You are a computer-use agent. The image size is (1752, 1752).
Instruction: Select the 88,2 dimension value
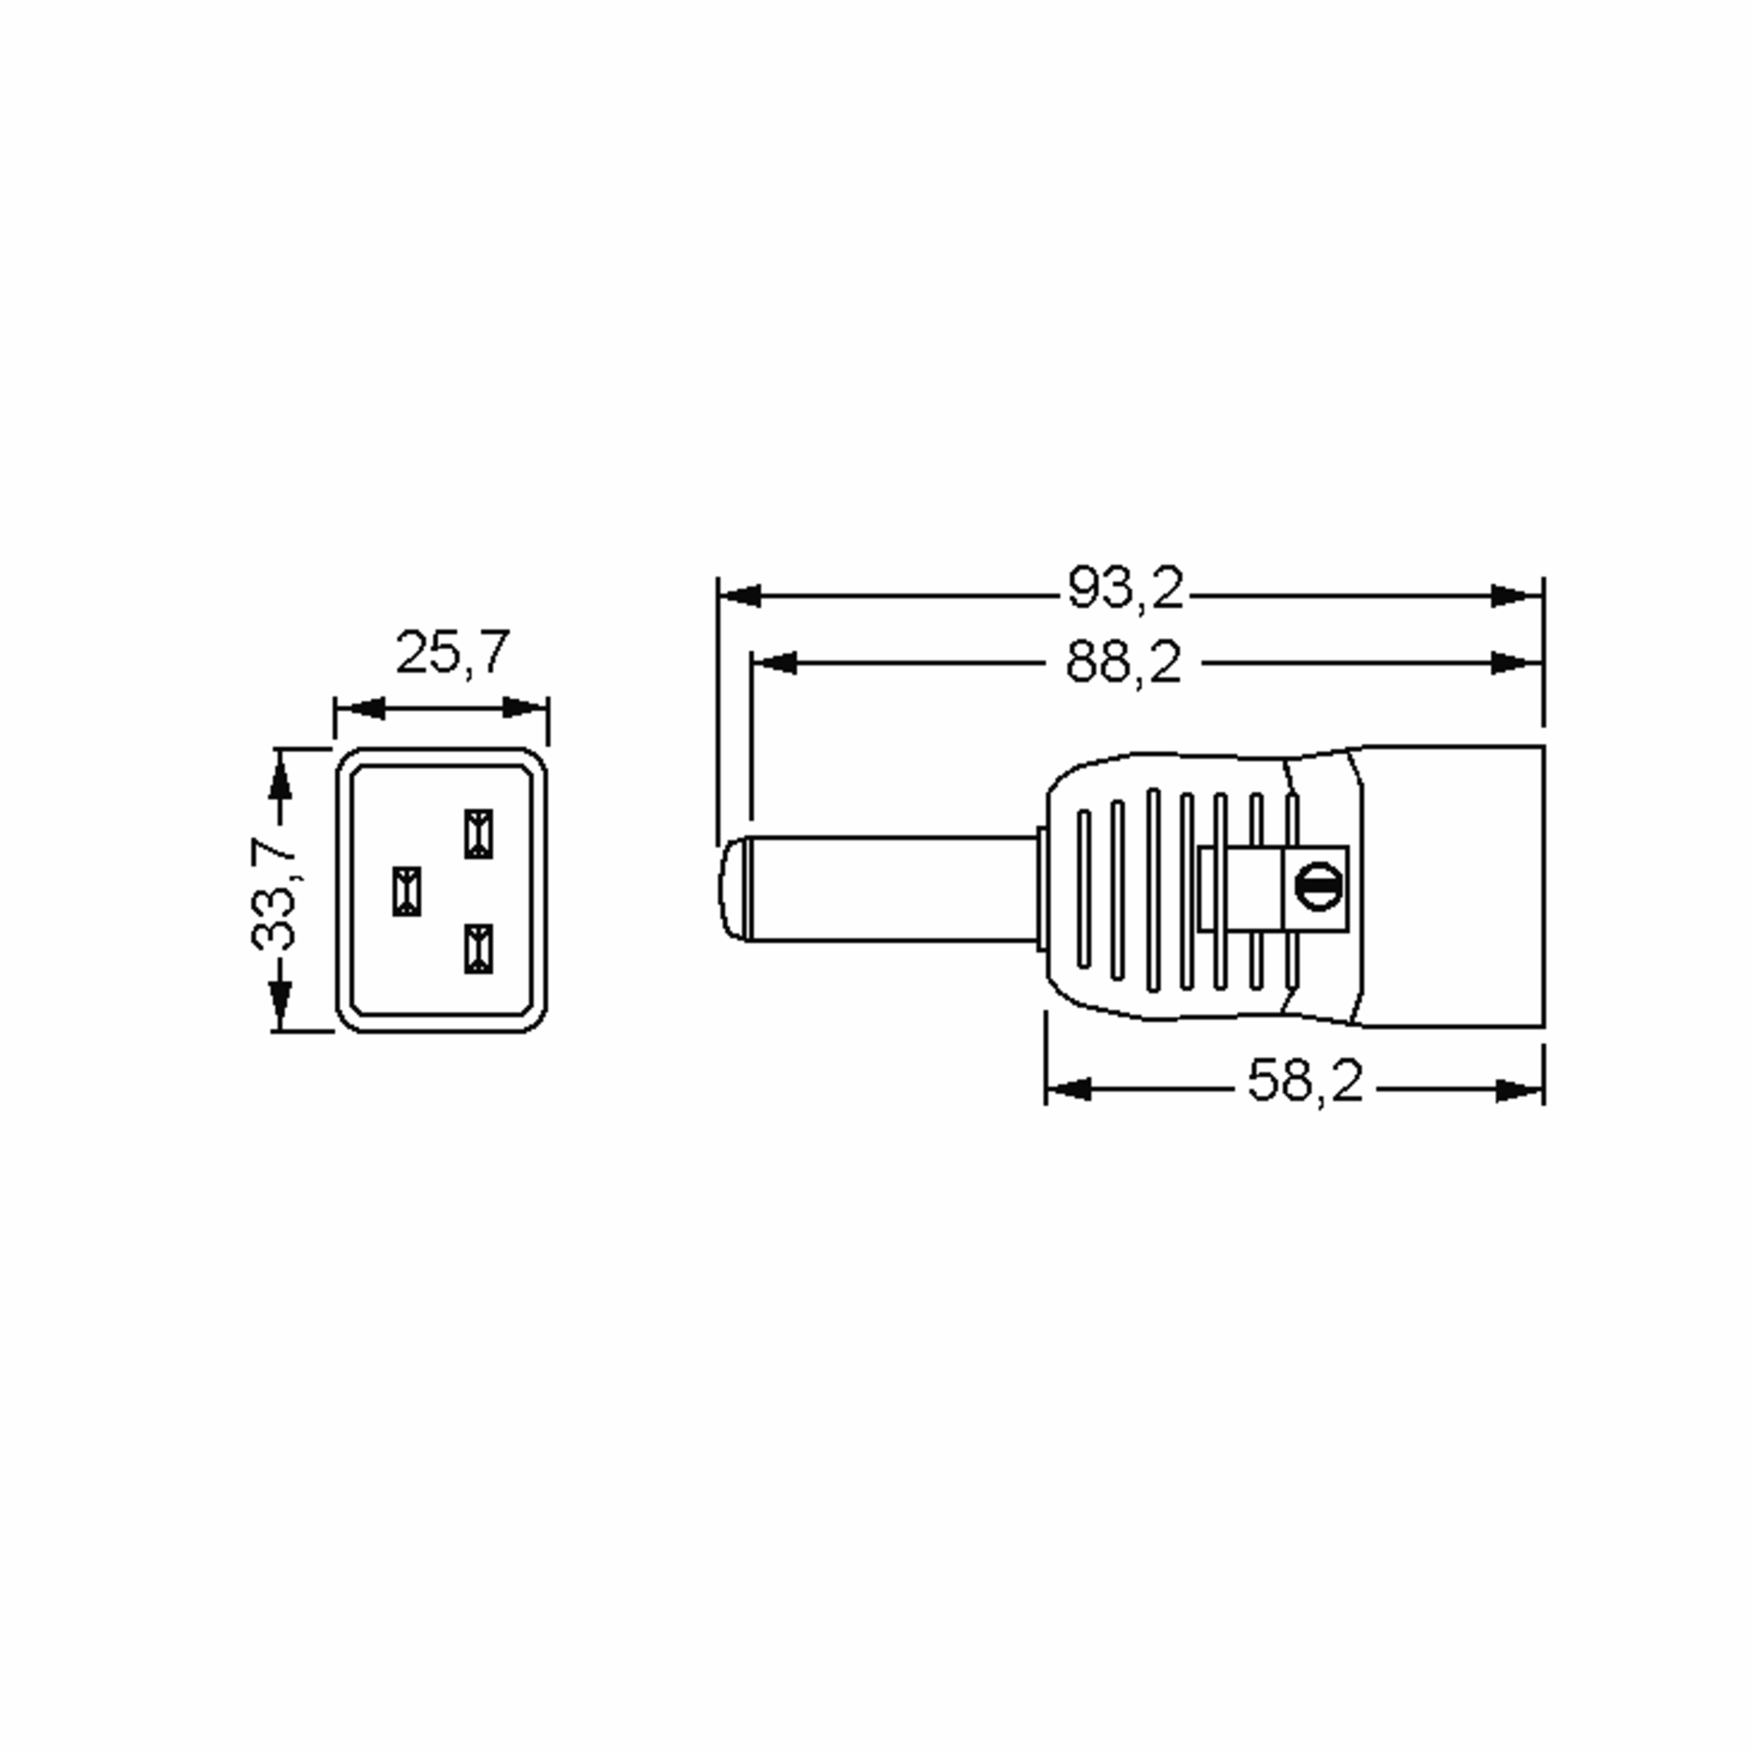click(1123, 662)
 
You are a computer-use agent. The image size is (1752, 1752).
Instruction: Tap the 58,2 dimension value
click(1305, 1081)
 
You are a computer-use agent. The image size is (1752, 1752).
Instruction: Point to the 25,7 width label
click(453, 652)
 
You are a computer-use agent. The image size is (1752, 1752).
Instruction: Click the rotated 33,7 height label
click(274, 894)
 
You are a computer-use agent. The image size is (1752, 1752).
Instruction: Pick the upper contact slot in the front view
click(479, 834)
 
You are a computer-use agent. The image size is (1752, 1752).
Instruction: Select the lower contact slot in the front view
click(479, 948)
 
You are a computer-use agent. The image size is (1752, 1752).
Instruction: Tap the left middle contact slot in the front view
click(407, 891)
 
